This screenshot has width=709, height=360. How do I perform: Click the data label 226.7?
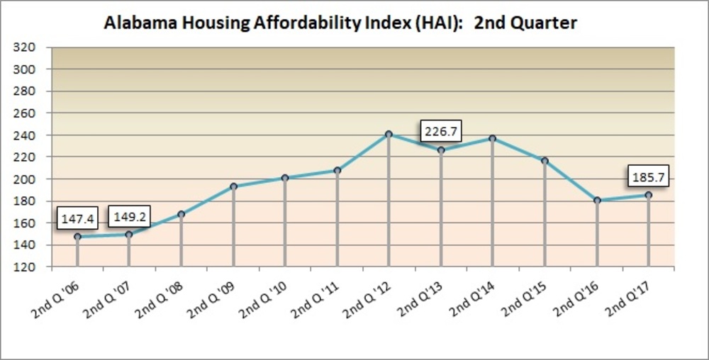pyautogui.click(x=440, y=131)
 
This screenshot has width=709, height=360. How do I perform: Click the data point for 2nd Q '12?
pyautogui.click(x=389, y=134)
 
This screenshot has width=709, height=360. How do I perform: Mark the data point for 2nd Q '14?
pyautogui.click(x=493, y=138)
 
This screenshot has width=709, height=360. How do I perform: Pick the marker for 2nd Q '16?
pyautogui.click(x=597, y=201)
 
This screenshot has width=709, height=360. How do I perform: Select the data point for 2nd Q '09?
pyautogui.click(x=233, y=186)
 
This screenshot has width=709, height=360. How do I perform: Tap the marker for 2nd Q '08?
pyautogui.click(x=182, y=214)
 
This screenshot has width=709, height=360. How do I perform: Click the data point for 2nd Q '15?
pyautogui.click(x=545, y=161)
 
